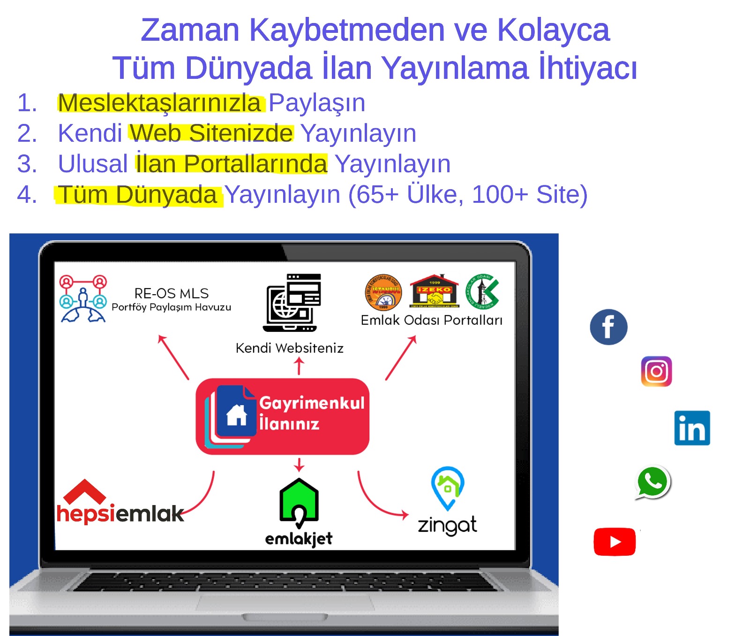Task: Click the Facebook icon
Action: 608,327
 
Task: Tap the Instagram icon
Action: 656,371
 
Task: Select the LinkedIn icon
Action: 692,428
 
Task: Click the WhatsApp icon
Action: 652,482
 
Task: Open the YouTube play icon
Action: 615,542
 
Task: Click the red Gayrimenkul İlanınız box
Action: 283,416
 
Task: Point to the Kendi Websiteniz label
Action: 289,348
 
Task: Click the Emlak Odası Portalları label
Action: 431,320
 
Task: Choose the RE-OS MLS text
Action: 172,294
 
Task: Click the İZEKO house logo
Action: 434,291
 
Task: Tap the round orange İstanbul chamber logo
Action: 383,292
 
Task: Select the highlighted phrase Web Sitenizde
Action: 211,133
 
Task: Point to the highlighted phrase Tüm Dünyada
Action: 138,195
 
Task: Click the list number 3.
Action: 27,164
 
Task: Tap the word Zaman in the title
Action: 190,30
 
